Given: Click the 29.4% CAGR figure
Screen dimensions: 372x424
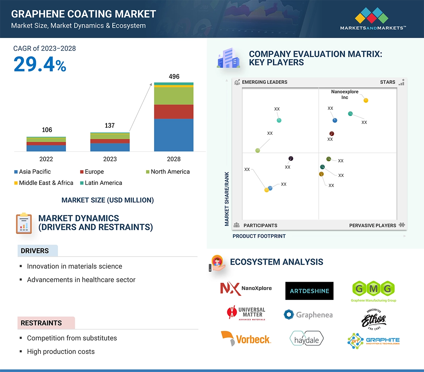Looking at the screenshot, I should [x=40, y=65].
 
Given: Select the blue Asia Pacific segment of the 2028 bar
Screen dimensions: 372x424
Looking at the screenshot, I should [x=174, y=135].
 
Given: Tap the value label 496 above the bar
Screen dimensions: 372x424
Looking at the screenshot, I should [x=174, y=77].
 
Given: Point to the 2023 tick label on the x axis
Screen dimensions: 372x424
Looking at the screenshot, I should [x=110, y=159].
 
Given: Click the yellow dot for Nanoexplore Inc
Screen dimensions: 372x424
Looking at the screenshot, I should [x=366, y=100].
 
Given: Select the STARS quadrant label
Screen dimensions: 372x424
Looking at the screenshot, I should [x=387, y=82].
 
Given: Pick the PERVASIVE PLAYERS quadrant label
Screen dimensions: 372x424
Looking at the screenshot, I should [x=373, y=226].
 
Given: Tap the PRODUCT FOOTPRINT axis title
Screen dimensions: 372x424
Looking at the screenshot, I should [x=259, y=236].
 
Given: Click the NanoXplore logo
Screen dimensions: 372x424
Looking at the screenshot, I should [x=246, y=289].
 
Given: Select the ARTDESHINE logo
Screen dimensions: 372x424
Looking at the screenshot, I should [x=309, y=291].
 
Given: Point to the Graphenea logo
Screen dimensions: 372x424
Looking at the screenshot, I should [x=308, y=315].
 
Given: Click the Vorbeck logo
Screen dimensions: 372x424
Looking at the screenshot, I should [x=246, y=339].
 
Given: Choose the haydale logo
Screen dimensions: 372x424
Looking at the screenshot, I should [x=307, y=339].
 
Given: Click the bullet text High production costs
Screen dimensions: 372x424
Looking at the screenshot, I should [x=61, y=351].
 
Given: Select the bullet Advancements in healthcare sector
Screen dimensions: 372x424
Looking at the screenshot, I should [x=81, y=280].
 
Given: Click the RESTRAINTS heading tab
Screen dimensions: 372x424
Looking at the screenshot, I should [x=41, y=323].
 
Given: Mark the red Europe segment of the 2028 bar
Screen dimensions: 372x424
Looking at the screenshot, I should [x=174, y=112].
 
